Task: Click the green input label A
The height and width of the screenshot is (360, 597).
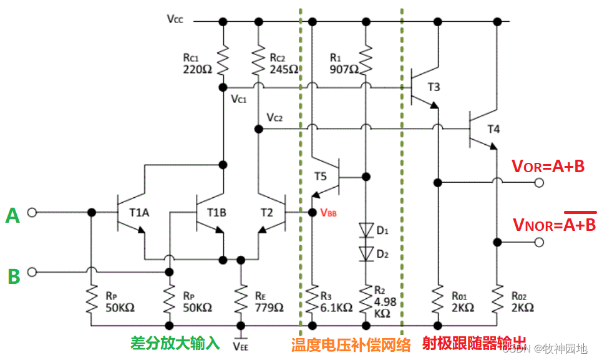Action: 12,215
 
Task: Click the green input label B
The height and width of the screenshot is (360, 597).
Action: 13,275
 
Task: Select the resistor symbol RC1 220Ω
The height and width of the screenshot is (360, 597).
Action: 223,58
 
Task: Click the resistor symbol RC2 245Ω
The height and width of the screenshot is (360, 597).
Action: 257,58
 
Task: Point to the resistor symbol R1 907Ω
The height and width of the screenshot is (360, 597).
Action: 366,58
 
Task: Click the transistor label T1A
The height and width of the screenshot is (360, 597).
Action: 139,213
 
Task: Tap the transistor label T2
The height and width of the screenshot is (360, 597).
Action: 266,213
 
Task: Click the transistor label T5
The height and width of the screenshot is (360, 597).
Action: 320,177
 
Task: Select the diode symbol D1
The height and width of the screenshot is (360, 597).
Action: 366,230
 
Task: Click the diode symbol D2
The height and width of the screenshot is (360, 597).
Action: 366,253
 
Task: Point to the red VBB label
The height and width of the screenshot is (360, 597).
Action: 329,212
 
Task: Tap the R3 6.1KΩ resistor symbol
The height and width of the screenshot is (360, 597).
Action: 312,301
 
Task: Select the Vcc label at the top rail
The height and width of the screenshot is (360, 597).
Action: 175,18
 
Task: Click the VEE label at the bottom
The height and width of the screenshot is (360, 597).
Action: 240,344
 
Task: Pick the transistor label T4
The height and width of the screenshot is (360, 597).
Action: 493,129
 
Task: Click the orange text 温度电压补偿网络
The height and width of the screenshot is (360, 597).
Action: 351,344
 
